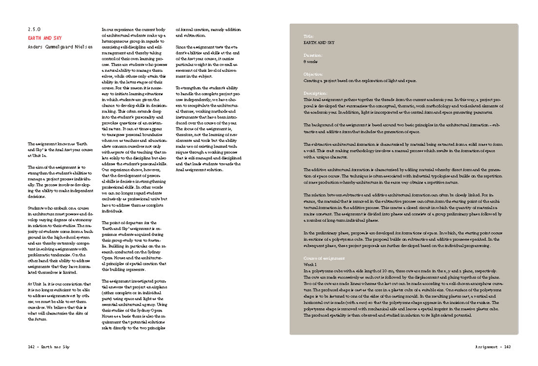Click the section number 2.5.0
pos(34,29)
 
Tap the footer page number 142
pos(31,345)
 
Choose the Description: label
pos(315,93)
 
